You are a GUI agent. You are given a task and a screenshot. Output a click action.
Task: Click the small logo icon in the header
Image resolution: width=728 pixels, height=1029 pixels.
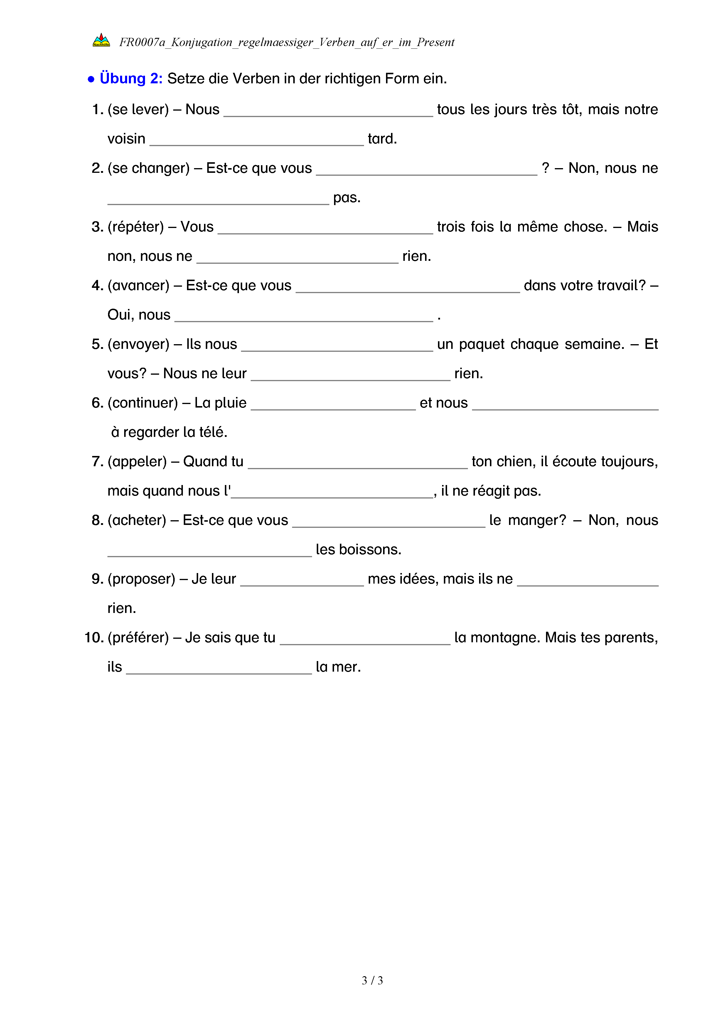coord(101,40)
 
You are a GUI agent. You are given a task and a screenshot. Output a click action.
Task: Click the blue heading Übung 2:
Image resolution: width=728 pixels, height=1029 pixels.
coord(131,78)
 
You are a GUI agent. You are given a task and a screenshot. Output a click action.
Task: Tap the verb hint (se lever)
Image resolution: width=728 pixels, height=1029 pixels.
coord(138,109)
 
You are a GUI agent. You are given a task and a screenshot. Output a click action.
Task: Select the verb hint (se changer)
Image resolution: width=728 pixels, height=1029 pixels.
coord(148,168)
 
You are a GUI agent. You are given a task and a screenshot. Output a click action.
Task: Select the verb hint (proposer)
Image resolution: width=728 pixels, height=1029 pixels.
coord(141,579)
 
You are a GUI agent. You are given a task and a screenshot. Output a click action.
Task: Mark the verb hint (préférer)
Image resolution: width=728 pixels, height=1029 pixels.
coord(138,638)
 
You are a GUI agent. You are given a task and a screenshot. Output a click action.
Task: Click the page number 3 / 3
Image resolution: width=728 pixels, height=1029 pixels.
coord(372,981)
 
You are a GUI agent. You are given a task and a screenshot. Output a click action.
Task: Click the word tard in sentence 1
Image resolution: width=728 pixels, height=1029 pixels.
coord(382,139)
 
